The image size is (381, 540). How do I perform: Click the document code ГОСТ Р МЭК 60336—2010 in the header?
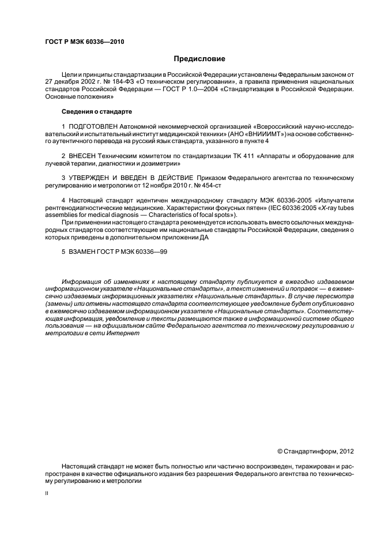(84, 42)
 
